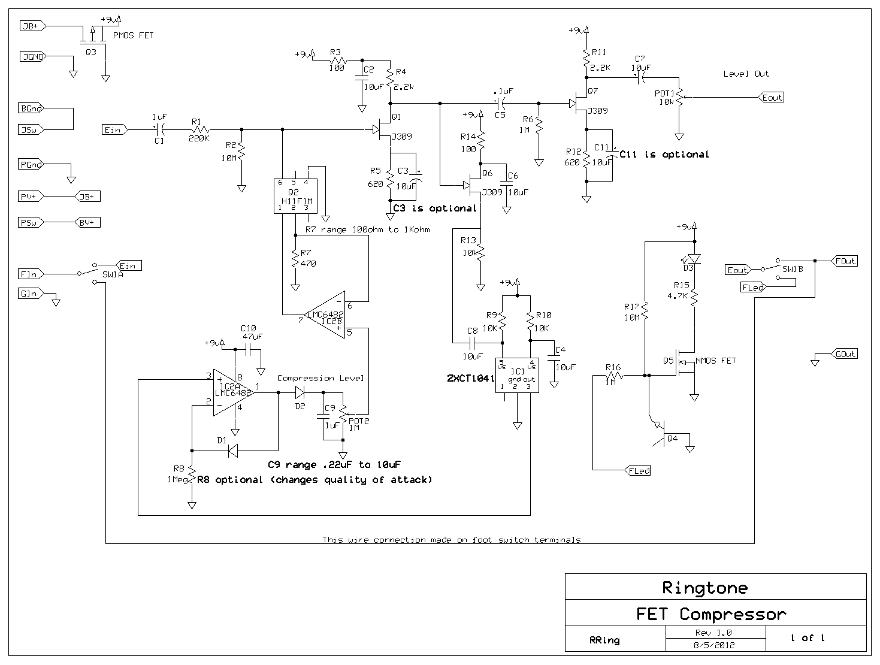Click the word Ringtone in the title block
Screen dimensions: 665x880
(x=704, y=588)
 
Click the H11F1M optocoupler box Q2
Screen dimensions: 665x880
(x=294, y=195)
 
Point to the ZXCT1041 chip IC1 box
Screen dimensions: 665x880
(x=516, y=375)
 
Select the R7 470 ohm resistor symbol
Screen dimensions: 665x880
(x=295, y=259)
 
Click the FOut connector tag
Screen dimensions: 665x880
(x=845, y=261)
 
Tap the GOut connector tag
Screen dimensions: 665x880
(x=845, y=354)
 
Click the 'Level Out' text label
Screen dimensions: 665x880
(x=746, y=74)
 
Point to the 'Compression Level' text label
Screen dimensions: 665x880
(x=320, y=378)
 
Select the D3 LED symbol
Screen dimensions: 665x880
(x=694, y=259)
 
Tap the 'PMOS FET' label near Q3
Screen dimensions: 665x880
(x=133, y=35)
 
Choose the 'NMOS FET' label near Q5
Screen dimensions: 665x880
(x=715, y=361)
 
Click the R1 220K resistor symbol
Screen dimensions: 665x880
(x=200, y=129)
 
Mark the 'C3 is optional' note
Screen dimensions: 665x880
(x=435, y=208)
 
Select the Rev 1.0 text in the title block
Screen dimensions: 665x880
(x=713, y=633)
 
